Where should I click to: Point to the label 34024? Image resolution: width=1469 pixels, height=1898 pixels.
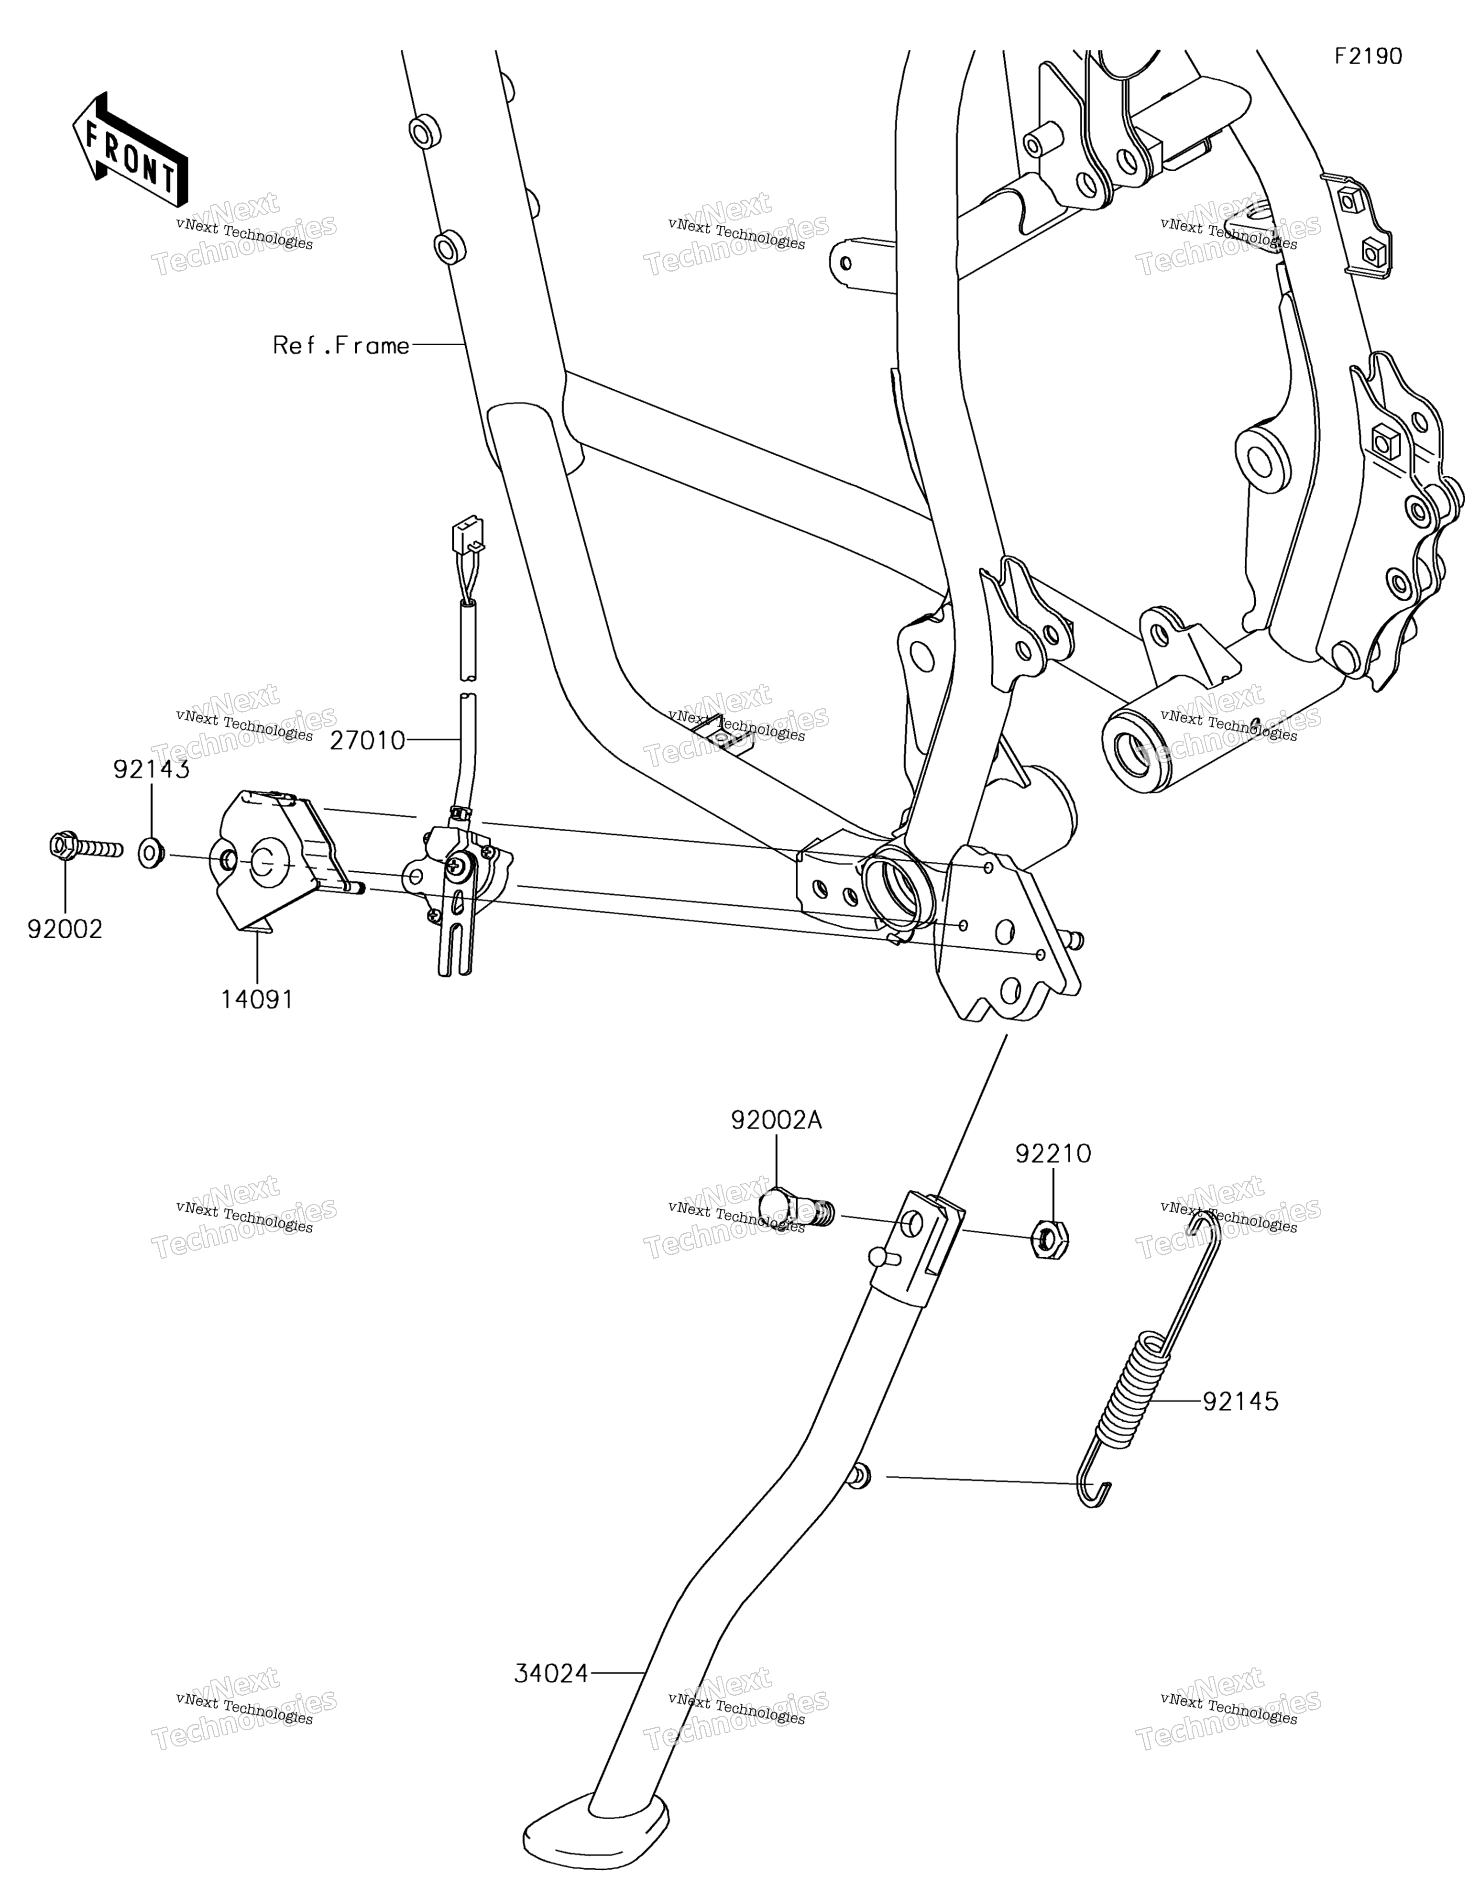(x=551, y=1674)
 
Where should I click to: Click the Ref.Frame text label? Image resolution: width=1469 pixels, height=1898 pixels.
(x=341, y=346)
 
